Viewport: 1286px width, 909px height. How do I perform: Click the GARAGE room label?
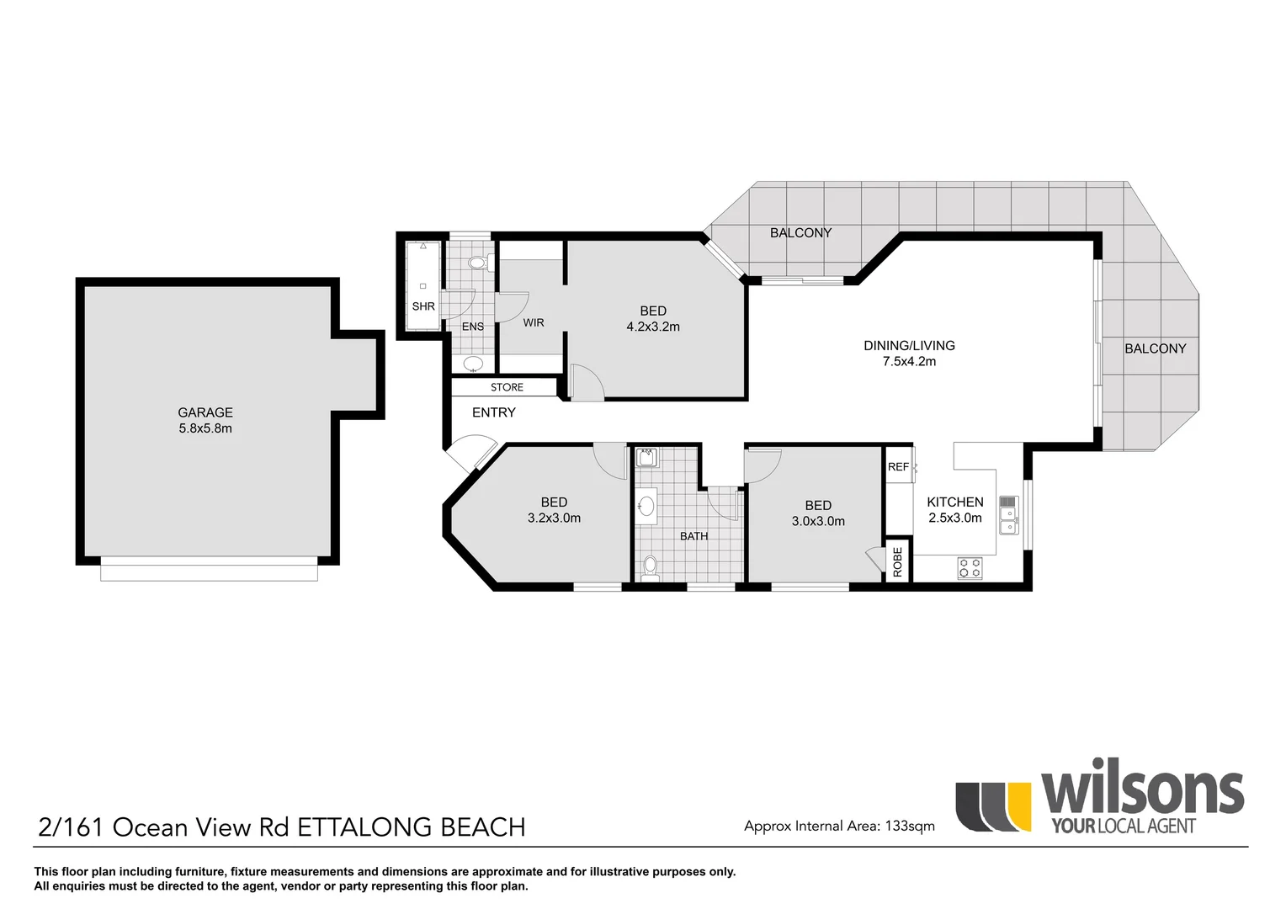[205, 412]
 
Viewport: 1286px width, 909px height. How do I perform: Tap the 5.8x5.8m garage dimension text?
[205, 428]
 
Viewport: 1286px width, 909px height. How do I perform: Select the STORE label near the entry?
[507, 387]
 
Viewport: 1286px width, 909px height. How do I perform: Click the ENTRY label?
[493, 412]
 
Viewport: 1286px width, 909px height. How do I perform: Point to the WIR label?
[534, 322]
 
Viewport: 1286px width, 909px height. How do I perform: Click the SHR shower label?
[423, 306]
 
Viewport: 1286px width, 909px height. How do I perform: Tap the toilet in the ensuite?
[478, 263]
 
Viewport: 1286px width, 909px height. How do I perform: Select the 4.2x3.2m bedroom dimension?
[652, 327]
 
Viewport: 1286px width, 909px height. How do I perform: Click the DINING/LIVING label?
[909, 345]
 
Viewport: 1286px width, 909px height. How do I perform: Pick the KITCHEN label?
[954, 502]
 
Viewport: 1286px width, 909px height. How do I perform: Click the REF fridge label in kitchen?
[898, 467]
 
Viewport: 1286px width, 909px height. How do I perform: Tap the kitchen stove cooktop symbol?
[970, 568]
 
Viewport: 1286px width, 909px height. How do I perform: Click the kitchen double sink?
[1007, 515]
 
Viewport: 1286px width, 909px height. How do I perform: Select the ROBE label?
[897, 561]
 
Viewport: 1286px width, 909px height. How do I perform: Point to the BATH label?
[693, 536]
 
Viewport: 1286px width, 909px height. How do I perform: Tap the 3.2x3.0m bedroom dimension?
[554, 518]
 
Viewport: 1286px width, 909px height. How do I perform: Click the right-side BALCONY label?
[1155, 348]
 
